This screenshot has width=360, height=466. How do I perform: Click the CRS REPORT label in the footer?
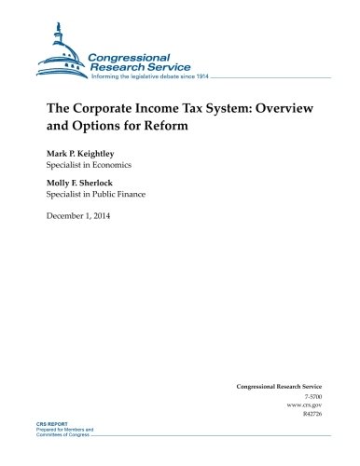[x=33, y=448]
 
